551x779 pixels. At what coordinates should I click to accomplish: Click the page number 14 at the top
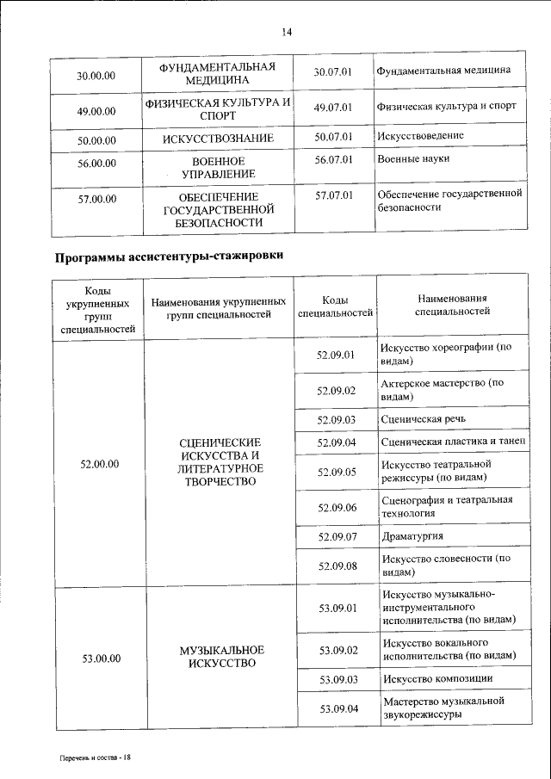coord(288,32)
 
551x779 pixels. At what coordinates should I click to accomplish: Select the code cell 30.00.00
coord(96,76)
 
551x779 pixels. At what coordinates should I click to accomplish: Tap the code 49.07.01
coord(334,108)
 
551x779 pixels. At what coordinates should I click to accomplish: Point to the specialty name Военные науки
coord(413,159)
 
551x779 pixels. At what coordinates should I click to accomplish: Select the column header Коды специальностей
coord(334,306)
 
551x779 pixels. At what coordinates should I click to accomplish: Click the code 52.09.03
coord(337,419)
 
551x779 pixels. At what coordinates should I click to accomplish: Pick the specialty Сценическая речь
coord(424,419)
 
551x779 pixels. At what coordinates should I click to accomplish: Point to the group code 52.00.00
coord(98,464)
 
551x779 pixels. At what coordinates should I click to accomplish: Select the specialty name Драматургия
coord(413,536)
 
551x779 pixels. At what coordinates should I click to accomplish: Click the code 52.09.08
coord(337,566)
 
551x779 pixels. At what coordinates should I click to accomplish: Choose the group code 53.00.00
coord(101,658)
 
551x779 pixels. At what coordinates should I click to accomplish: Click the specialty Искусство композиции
coord(438,679)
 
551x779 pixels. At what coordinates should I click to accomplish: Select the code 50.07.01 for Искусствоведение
coord(334,136)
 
